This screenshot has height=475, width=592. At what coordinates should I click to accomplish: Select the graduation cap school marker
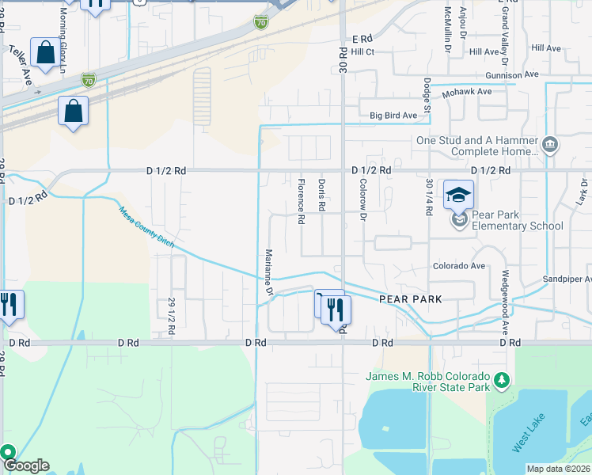(x=458, y=195)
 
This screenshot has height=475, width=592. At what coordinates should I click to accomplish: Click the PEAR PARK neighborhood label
(x=409, y=299)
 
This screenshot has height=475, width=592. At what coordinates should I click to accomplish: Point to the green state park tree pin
(x=501, y=382)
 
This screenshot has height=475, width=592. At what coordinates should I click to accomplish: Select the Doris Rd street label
(x=322, y=195)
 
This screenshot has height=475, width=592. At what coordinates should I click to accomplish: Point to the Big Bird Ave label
(x=393, y=116)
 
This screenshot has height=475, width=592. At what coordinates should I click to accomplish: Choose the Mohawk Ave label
(x=467, y=92)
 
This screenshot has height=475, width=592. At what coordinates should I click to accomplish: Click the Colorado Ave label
(x=458, y=266)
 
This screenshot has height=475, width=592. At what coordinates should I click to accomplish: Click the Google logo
(x=25, y=465)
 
